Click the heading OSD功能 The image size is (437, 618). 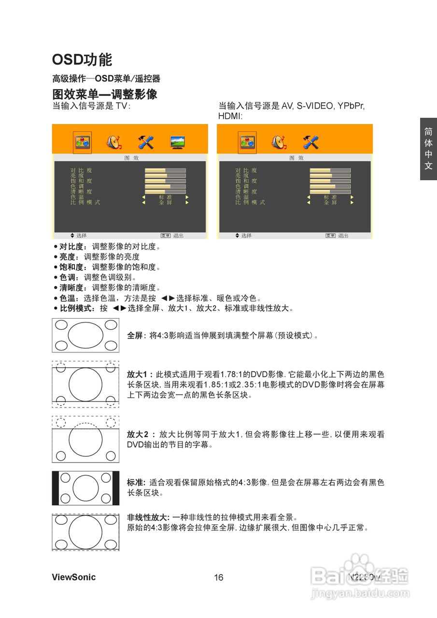coord(82,60)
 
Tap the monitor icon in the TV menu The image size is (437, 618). coord(177,142)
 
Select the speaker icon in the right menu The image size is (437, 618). coord(279,142)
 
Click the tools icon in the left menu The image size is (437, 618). coord(145,142)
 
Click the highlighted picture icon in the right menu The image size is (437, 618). coord(247,142)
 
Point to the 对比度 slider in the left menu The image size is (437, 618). coord(165,170)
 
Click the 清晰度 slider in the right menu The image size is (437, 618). coord(330,192)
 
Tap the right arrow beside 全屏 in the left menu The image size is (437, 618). coord(187,203)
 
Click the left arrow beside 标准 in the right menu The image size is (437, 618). coord(309,197)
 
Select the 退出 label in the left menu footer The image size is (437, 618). coord(178,236)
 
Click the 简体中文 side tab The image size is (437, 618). coord(428,149)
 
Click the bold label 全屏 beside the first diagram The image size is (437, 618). coord(134,336)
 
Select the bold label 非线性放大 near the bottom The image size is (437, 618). coord(146,518)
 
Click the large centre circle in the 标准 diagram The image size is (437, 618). coord(85,488)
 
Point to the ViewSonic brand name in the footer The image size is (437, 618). coord(74,577)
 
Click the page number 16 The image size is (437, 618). coord(219,578)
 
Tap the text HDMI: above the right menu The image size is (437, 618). coord(230,116)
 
